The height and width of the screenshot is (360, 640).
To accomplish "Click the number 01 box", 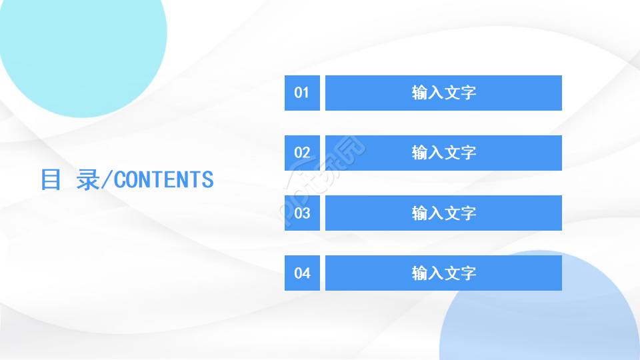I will (302, 93).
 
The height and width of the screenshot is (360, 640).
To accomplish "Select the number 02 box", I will (302, 153).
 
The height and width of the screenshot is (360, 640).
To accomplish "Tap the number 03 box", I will (302, 213).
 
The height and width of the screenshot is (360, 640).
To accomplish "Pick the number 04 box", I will (302, 273).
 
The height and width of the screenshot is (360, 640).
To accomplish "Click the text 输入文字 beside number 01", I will (444, 93).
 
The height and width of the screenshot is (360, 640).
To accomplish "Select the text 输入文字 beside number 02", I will (444, 153).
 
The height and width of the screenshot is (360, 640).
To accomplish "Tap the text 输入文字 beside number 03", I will (444, 213).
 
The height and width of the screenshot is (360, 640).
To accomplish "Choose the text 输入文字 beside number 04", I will (444, 273).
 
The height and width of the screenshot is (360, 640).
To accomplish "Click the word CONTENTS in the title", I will (164, 179).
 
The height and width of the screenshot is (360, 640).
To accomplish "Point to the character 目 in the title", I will (51, 179).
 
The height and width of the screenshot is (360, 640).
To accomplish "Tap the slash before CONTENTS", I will (107, 179).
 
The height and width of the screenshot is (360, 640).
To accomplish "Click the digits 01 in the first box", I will (302, 93).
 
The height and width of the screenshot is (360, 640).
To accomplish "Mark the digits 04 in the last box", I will (302, 273).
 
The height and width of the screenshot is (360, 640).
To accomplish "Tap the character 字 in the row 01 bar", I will (469, 93).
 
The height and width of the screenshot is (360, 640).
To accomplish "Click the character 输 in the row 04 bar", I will (420, 273).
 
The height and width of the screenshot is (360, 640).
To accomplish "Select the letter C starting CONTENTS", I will (120, 179).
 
